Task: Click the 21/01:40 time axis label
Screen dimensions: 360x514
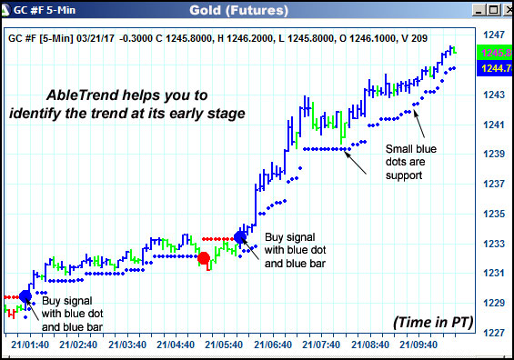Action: point(30,345)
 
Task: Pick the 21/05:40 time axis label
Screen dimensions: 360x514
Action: point(224,345)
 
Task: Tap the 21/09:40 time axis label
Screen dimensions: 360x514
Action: point(418,345)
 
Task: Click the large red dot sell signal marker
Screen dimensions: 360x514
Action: point(205,258)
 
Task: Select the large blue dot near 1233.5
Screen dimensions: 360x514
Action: point(241,236)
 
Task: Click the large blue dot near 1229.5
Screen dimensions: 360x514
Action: point(25,296)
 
